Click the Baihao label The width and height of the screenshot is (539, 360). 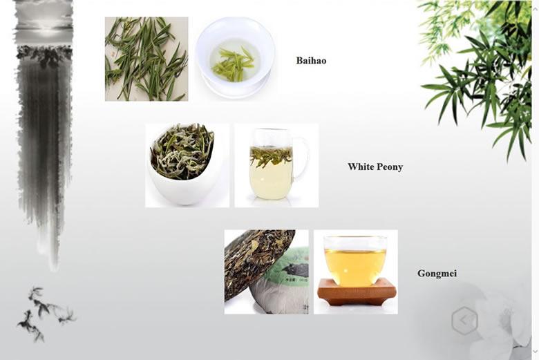(x=311, y=61)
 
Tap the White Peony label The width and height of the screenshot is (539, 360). (x=375, y=167)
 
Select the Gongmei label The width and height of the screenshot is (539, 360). (x=437, y=274)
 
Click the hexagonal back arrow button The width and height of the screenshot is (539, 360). (x=464, y=321)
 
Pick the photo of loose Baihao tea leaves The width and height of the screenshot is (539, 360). (x=146, y=59)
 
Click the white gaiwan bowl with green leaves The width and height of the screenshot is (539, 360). (x=235, y=58)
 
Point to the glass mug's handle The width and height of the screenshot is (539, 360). (x=301, y=158)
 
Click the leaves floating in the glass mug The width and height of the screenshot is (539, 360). (x=271, y=155)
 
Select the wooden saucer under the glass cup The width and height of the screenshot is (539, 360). (x=357, y=292)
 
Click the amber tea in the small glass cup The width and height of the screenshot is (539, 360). (x=355, y=267)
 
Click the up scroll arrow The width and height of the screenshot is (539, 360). (x=535, y=9)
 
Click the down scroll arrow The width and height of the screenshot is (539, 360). (x=535, y=351)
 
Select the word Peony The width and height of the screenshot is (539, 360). (x=389, y=167)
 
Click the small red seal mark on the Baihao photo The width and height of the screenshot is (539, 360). (x=113, y=54)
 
